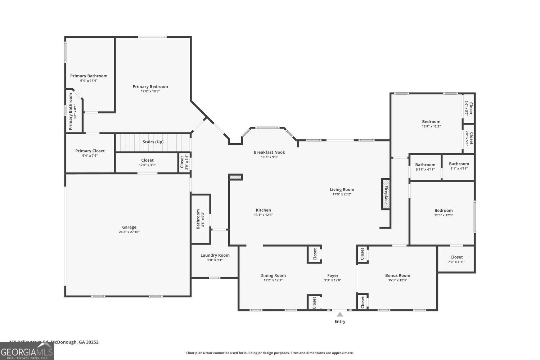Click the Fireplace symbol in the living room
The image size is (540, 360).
386,194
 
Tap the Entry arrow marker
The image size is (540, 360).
340,314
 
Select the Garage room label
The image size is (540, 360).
129,227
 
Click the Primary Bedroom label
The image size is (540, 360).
150,86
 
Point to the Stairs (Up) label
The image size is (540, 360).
153,142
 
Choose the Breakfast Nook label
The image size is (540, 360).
269,152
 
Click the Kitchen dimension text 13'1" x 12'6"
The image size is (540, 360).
263,215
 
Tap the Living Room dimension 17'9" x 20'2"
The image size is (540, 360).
342,194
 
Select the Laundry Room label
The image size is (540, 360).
215,255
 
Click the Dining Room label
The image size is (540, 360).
273,275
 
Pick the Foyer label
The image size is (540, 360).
333,275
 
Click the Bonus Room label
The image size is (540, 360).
397,275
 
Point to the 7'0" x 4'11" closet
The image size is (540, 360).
456,259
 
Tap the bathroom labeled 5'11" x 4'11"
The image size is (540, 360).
425,167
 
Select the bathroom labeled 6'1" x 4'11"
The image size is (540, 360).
459,166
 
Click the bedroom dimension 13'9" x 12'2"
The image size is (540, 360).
431,127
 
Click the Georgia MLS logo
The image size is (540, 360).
27,351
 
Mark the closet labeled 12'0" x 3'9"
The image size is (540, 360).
147,162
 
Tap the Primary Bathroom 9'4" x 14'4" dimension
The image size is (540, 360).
89,81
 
